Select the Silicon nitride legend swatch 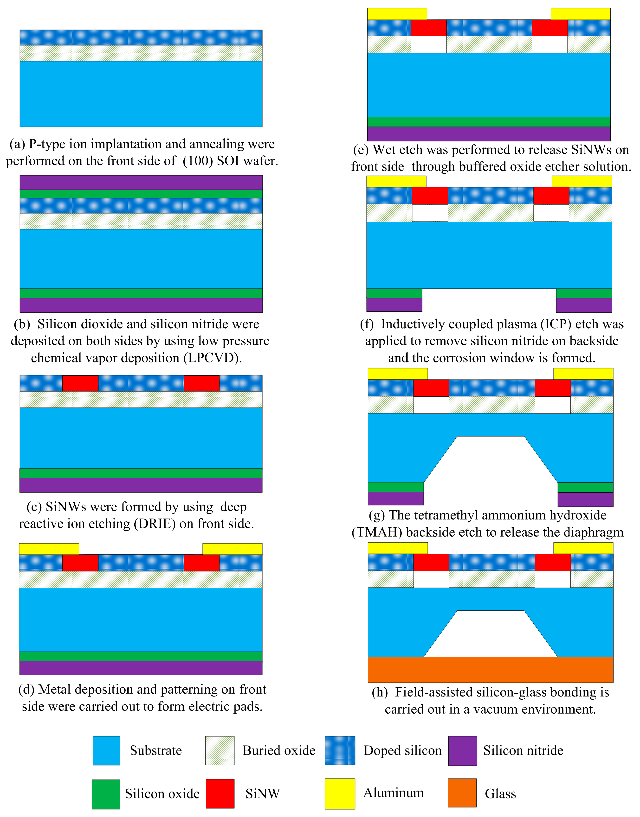click(463, 751)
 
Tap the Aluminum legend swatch click(340, 793)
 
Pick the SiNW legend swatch click(220, 793)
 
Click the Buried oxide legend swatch click(220, 751)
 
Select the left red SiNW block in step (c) click(80, 383)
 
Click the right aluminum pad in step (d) click(232, 549)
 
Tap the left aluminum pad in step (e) click(397, 14)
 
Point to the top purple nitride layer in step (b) click(141, 182)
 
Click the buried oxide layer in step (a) click(141, 53)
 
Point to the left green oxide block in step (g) click(396, 487)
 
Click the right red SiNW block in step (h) click(553, 562)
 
